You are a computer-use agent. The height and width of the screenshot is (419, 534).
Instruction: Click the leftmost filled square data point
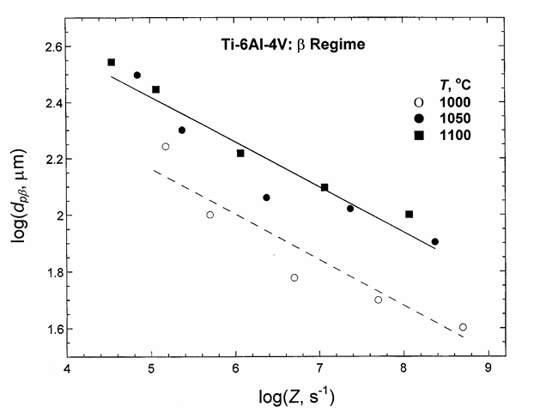point(112,62)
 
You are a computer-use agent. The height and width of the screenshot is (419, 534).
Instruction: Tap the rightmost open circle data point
point(463,327)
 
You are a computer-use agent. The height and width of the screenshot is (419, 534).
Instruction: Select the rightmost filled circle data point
point(435,241)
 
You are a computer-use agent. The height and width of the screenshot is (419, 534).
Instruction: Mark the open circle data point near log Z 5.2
point(166,147)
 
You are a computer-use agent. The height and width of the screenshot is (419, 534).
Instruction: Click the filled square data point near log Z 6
point(240,153)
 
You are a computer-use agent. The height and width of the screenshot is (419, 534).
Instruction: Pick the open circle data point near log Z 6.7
point(294,277)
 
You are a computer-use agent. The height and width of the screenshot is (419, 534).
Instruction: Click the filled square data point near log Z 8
point(410,214)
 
